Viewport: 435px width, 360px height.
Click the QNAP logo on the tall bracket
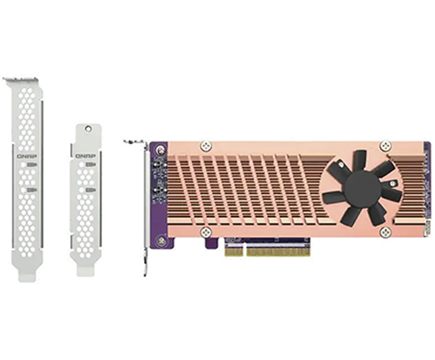[x=27, y=157]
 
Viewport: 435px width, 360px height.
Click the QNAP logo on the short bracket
[x=84, y=157]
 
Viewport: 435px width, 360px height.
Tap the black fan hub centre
[x=363, y=184]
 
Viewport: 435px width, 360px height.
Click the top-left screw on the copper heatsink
[x=206, y=145]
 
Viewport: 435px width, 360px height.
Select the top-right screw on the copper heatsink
[x=385, y=145]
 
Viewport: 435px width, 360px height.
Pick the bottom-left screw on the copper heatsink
[x=206, y=231]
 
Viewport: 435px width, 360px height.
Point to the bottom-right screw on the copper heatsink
[x=385, y=231]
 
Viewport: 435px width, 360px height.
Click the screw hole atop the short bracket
[x=88, y=128]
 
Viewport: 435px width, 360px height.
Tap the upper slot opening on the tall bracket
[x=31, y=164]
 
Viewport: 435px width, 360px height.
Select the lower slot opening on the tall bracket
[x=31, y=190]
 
